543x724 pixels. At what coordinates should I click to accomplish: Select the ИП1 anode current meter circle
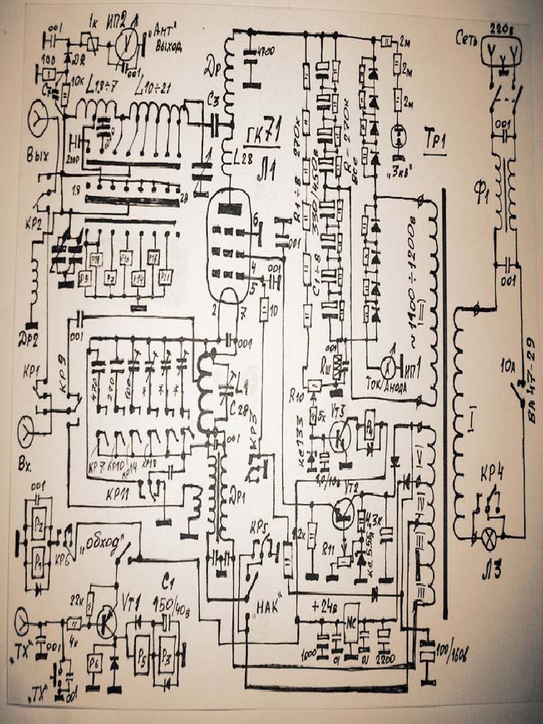[x=387, y=366]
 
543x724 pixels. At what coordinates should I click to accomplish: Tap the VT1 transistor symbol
[x=107, y=621]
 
